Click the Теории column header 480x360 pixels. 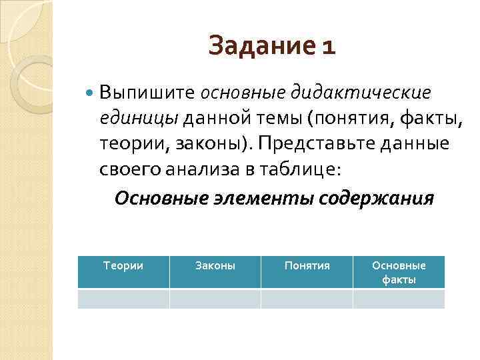pyautogui.click(x=123, y=265)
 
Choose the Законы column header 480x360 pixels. pyautogui.click(x=215, y=265)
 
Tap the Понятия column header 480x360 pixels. pyautogui.click(x=307, y=265)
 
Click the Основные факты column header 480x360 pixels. pyautogui.click(x=399, y=272)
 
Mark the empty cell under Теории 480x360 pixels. pyautogui.click(x=123, y=298)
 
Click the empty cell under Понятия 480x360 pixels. pyautogui.click(x=307, y=298)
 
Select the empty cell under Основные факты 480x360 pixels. pyautogui.click(x=399, y=298)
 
